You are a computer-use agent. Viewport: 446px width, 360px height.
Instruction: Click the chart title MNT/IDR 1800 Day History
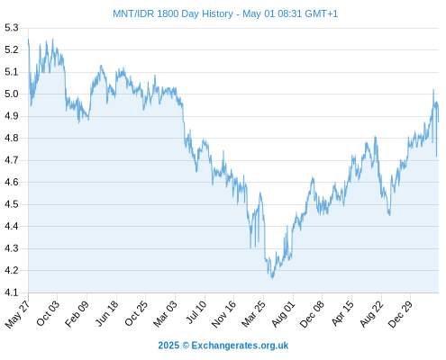coord(173,13)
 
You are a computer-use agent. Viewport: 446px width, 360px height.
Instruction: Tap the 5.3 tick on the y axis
coord(12,28)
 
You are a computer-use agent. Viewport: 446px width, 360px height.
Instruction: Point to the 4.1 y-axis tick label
coord(12,292)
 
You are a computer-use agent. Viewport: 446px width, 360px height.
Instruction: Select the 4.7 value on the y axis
coord(12,160)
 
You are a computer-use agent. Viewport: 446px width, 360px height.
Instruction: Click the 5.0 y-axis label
coord(12,94)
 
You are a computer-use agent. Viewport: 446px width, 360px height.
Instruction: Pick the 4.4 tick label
coord(12,226)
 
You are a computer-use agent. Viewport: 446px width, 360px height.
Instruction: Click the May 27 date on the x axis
coord(17,314)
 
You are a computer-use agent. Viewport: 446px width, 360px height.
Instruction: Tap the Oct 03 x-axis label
coord(48,313)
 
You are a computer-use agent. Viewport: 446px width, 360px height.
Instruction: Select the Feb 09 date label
coord(77,313)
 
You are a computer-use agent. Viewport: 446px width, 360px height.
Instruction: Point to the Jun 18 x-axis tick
coord(106,313)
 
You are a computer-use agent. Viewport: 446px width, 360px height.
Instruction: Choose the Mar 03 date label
coord(165,314)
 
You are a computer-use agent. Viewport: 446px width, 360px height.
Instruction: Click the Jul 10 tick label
coord(196,312)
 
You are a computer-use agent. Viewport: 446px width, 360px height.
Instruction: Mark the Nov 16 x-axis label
coord(223,314)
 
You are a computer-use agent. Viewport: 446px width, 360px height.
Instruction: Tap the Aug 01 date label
coord(283,314)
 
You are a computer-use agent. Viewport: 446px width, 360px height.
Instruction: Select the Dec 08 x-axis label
coord(312,314)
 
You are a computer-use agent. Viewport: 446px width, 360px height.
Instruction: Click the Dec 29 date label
coord(400,314)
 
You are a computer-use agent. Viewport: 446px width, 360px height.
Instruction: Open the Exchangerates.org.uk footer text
coord(240,346)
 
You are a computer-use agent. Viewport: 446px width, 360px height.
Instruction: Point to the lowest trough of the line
coord(272,278)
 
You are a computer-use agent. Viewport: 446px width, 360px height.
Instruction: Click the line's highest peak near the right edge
coord(433,89)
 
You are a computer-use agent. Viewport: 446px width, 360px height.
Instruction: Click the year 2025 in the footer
coord(168,346)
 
